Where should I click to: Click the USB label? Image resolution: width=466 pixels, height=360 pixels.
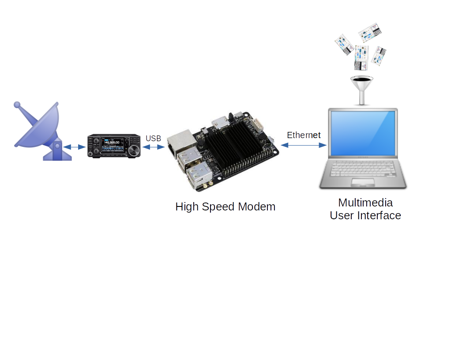[x=154, y=139]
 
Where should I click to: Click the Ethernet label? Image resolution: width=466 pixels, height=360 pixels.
[x=304, y=135]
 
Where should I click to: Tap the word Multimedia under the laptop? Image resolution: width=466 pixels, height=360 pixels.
[x=365, y=202]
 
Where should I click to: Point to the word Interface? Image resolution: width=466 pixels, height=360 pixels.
[x=380, y=216]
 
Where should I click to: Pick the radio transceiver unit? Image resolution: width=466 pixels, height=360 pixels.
[x=114, y=146]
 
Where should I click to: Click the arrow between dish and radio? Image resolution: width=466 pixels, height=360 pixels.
[x=75, y=147]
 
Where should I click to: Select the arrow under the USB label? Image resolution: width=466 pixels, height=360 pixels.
[x=154, y=147]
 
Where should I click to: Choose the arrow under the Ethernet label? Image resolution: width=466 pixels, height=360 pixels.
[x=303, y=145]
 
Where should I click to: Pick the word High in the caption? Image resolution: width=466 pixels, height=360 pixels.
[x=187, y=207]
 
